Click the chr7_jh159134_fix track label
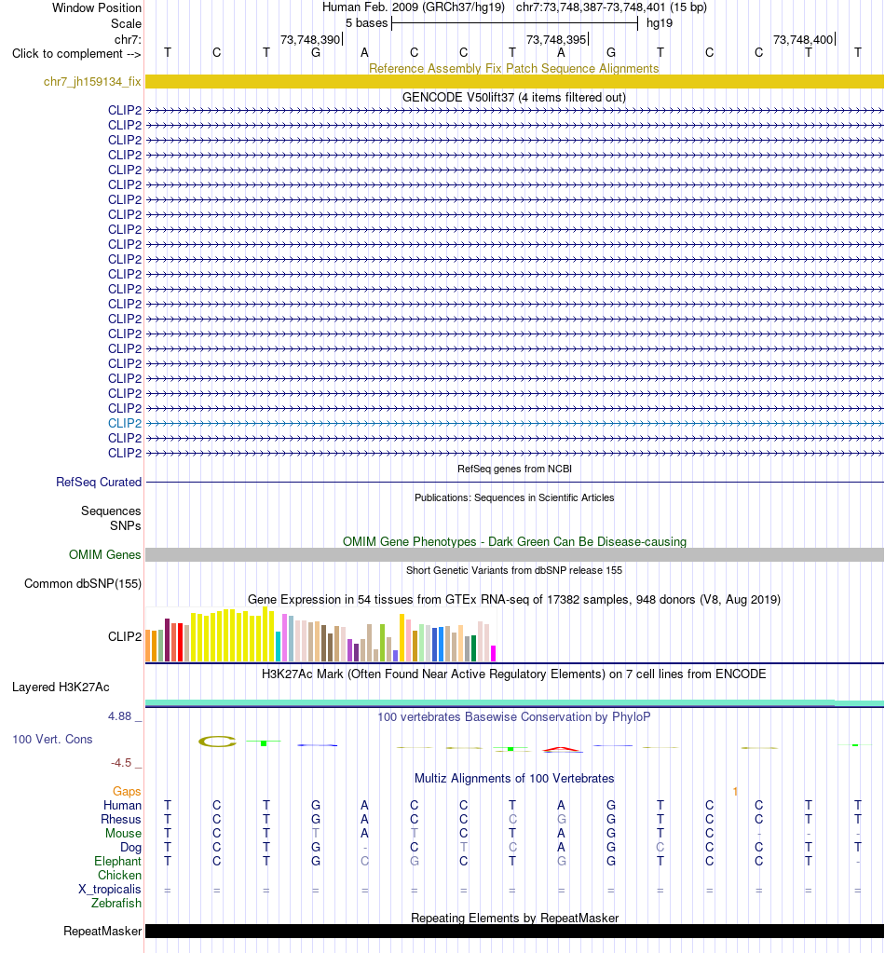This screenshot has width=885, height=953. click(92, 81)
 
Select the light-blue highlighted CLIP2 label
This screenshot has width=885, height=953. click(125, 423)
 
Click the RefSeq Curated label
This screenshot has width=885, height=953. click(99, 482)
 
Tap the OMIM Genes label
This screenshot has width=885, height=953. click(104, 554)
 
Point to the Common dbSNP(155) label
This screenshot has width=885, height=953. click(83, 583)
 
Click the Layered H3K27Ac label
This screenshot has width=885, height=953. click(61, 688)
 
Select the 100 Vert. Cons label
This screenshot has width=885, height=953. click(52, 739)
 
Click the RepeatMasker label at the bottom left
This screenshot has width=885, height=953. click(102, 932)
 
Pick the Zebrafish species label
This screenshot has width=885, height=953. click(116, 904)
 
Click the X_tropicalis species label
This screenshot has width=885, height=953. click(109, 889)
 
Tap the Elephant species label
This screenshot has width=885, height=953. click(117, 861)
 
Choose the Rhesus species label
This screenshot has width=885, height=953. click(121, 819)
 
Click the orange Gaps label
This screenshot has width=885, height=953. click(127, 791)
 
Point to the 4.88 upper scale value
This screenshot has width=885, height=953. click(120, 716)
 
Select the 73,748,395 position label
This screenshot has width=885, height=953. click(556, 39)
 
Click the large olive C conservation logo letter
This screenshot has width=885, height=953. click(217, 742)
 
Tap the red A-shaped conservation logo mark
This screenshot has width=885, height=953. click(563, 749)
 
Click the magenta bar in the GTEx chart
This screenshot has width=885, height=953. click(494, 653)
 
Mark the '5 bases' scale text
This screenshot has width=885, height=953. click(366, 23)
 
